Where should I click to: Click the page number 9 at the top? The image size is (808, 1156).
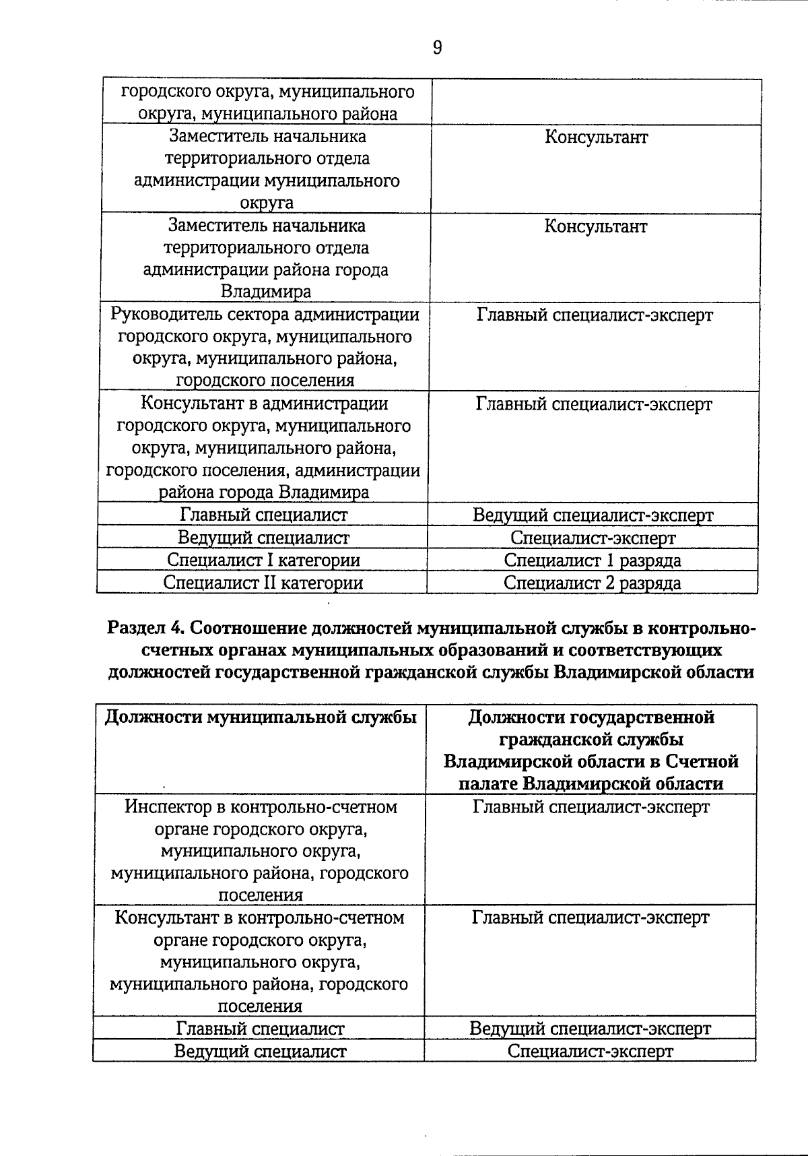click(437, 48)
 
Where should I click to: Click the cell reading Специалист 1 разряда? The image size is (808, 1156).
click(592, 560)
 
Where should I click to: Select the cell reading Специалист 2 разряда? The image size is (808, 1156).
click(592, 583)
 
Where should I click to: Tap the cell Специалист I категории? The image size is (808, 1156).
click(263, 560)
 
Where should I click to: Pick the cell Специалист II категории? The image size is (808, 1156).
click(263, 583)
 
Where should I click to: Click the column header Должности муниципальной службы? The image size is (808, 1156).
click(261, 717)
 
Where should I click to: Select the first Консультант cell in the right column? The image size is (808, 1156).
click(596, 137)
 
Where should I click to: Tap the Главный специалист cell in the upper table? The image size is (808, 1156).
click(263, 515)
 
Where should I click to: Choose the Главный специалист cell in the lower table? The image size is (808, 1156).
click(260, 1029)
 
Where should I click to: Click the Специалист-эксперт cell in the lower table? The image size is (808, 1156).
click(590, 1051)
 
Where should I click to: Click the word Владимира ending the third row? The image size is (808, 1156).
click(266, 292)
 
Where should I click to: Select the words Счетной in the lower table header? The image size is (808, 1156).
click(702, 761)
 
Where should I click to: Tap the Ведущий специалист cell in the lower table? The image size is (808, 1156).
click(260, 1051)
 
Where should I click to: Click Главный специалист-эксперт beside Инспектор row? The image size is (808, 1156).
click(591, 807)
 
